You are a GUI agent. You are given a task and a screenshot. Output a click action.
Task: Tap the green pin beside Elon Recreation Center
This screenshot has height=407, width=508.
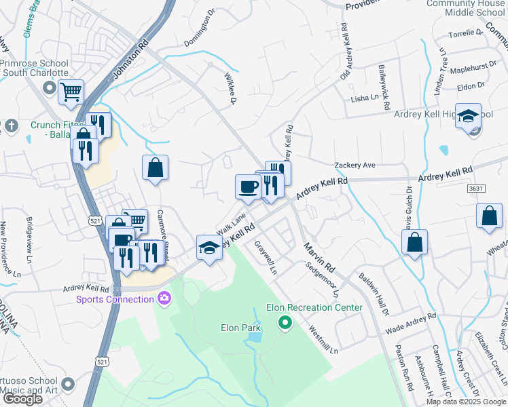click(285, 322)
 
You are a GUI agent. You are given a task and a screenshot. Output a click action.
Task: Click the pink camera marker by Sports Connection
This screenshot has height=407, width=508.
click(164, 298)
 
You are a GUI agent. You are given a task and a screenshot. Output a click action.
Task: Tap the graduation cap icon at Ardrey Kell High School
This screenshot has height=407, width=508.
click(468, 116)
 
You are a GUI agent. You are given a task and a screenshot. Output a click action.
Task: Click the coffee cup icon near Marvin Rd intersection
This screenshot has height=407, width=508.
click(247, 186)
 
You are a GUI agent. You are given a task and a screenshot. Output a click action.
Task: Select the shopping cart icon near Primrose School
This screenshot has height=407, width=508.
click(71, 92)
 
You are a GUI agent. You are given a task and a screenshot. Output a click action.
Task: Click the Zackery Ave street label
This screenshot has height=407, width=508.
click(355, 165)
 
